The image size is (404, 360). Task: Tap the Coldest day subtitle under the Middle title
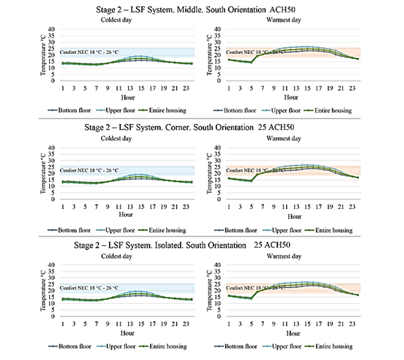(x=116, y=20)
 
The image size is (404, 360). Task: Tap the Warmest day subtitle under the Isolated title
(x=284, y=256)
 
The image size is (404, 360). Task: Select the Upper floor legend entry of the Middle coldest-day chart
(x=116, y=110)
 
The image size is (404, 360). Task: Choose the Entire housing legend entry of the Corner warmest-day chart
(x=328, y=231)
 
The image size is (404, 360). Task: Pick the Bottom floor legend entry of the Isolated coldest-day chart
(x=70, y=346)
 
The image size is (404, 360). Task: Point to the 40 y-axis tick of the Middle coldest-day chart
(x=51, y=29)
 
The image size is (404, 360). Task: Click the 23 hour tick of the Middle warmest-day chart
(x=352, y=88)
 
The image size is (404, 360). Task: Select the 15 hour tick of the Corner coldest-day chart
(x=141, y=207)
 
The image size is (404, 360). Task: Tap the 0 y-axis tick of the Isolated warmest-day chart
(x=219, y=316)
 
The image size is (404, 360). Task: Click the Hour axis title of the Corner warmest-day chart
(x=295, y=217)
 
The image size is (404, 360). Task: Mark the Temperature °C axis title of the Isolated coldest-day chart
(x=43, y=291)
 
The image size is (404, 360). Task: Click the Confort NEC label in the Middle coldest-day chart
(x=89, y=52)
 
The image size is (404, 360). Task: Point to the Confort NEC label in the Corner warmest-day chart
(x=254, y=170)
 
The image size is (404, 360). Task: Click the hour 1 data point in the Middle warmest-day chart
(x=229, y=60)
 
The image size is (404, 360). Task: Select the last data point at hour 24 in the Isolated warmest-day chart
(x=358, y=295)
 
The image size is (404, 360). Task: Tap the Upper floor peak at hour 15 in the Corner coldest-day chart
(x=141, y=174)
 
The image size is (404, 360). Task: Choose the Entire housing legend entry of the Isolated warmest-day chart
(x=328, y=346)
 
